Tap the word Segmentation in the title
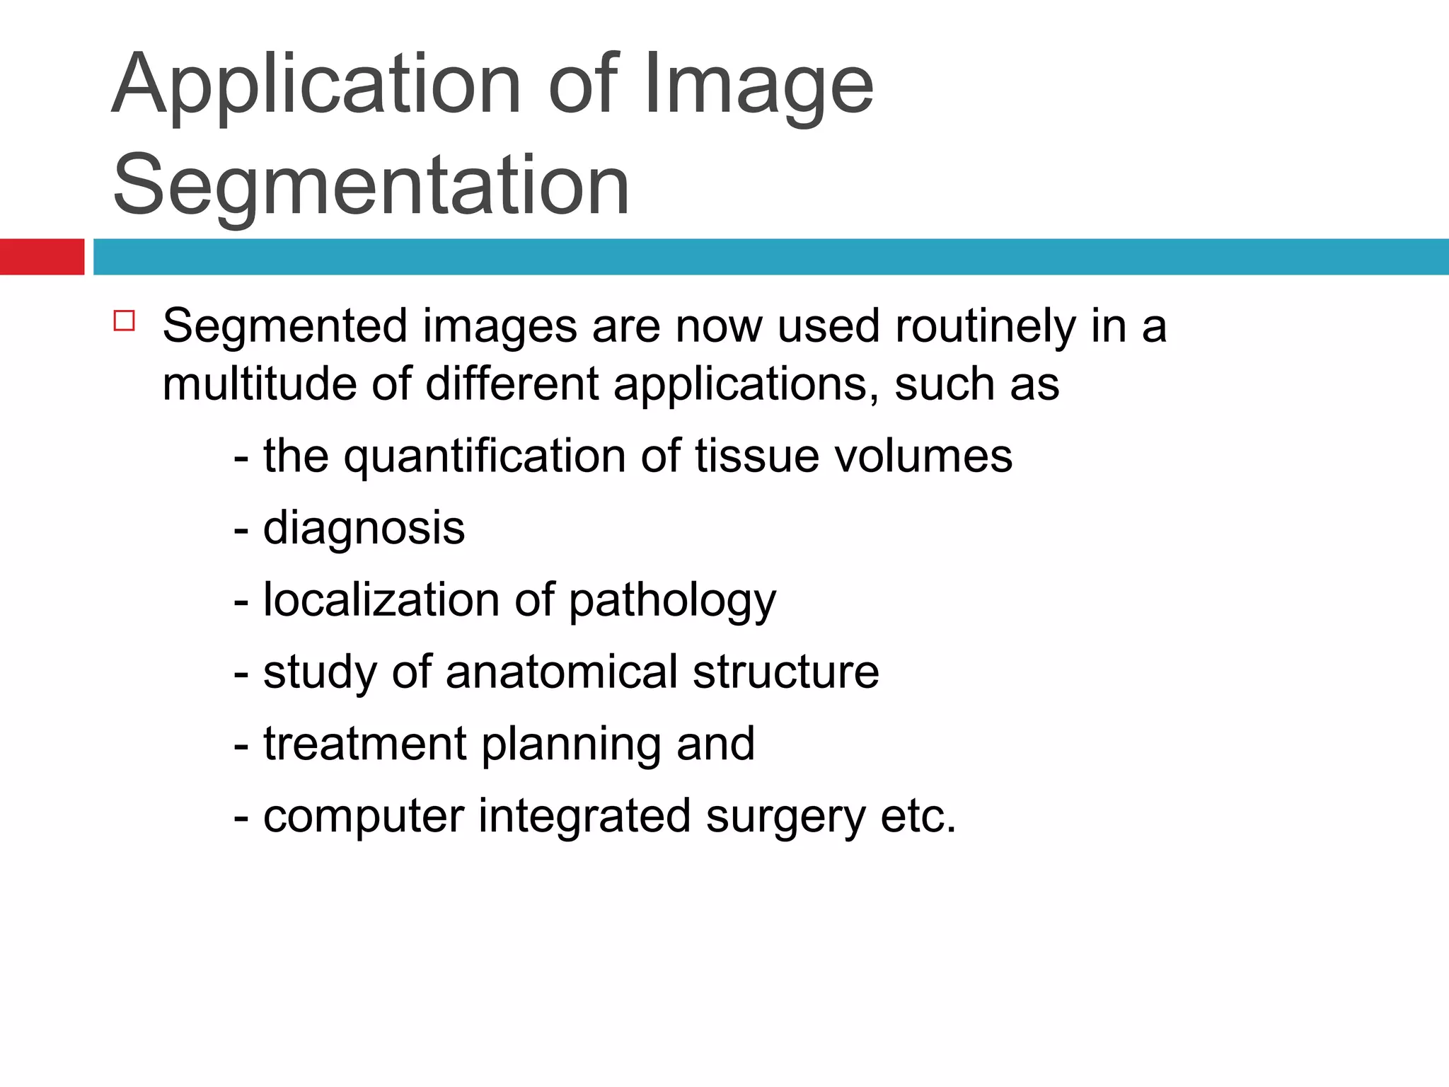tap(371, 185)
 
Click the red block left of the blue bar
tap(42, 257)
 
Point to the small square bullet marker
tap(124, 321)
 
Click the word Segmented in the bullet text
tap(285, 326)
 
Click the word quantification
tap(485, 456)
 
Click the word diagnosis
tap(364, 529)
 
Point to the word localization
tap(381, 600)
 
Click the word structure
tap(785, 672)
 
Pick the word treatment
tap(364, 744)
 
